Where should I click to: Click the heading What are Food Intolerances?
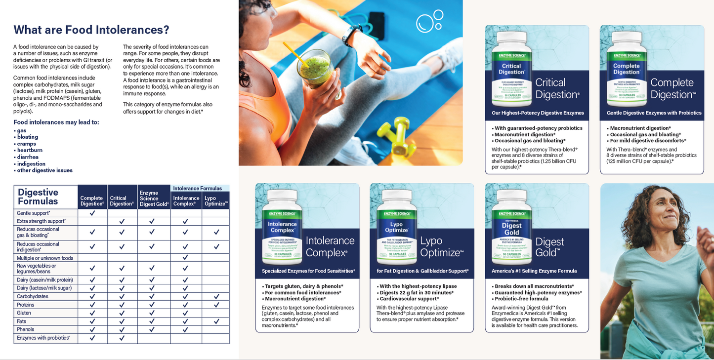[91, 30]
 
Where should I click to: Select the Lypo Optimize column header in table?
[216, 201]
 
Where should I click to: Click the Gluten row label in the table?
[24, 313]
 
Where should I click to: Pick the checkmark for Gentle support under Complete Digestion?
[92, 213]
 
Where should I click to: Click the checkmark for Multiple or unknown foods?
[185, 258]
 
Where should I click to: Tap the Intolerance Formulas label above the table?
[197, 188]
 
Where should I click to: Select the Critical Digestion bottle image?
[511, 69]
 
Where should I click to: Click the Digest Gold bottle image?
[511, 227]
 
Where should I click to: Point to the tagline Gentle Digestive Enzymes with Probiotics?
[654, 113]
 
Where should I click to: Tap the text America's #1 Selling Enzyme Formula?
[534, 271]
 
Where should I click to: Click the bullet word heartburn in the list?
[30, 150]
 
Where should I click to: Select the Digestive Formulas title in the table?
[38, 197]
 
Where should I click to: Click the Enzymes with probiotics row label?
[43, 338]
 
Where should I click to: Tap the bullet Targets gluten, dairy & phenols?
[303, 286]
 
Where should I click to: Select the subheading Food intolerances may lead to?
[56, 122]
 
